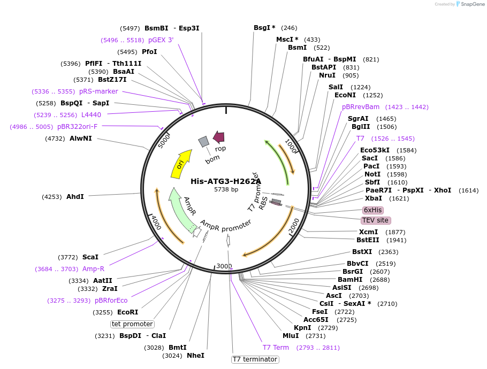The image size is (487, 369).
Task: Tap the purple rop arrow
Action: tap(218, 137)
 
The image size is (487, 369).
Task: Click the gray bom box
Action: tap(203, 141)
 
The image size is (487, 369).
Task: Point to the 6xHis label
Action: tap(372, 210)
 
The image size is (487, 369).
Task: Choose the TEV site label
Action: tap(376, 220)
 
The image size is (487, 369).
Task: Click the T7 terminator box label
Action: tap(255, 359)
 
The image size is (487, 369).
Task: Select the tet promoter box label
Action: tap(132, 324)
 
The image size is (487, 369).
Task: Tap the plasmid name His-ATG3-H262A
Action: tap(226, 181)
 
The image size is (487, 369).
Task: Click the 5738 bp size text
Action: tap(226, 189)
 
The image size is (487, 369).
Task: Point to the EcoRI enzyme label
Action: tap(127, 312)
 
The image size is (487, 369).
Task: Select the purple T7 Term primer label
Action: tap(276, 348)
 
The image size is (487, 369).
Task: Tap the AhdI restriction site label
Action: tap(75, 197)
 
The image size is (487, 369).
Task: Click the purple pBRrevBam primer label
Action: tap(361, 107)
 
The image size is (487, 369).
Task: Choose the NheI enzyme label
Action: tap(195, 355)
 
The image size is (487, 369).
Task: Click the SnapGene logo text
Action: tap(471, 4)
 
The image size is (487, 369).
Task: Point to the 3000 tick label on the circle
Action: tap(224, 266)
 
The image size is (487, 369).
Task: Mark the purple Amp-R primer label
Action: tap(93, 269)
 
